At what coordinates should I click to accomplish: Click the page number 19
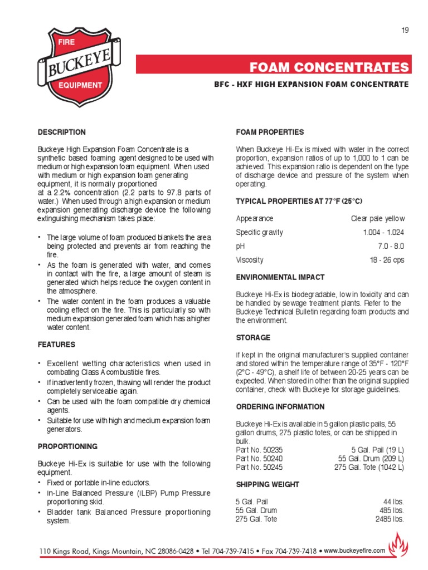pos(405,30)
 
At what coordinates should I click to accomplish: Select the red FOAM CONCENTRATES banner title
pos(329,68)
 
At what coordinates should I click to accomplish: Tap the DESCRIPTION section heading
pos(61,132)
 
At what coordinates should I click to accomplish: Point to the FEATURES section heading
pos(56,345)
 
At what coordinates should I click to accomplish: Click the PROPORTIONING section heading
pos(67,446)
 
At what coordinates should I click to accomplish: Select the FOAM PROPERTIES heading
pos(270,132)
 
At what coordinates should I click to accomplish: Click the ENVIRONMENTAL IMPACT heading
pos(280,277)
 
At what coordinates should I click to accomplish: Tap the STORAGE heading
pos(253,338)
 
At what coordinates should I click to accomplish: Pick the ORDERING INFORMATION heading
pos(280,407)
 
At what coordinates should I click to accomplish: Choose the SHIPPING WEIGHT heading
pos(267,485)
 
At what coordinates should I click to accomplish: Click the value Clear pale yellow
pos(377,219)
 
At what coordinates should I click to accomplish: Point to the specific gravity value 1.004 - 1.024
pos(383,232)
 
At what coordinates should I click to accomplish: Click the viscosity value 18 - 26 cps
pos(387,260)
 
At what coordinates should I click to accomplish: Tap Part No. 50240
pos(257,459)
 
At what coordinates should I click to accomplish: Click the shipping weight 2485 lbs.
pos(390,519)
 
